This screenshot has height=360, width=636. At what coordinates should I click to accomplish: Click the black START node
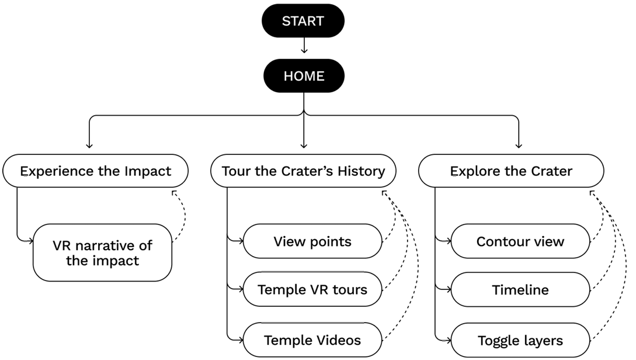[303, 21]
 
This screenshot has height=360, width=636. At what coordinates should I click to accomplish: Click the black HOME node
[303, 76]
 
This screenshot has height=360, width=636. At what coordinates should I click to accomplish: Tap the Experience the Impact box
[96, 171]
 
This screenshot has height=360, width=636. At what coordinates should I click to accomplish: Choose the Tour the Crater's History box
[303, 171]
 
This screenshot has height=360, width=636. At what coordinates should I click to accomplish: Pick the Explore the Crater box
[511, 171]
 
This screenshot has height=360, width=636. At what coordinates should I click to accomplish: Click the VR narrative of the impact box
[102, 252]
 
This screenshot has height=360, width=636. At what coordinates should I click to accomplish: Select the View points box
[312, 241]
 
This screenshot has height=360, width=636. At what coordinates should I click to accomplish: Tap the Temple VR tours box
[312, 289]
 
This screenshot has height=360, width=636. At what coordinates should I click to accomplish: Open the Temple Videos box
[312, 340]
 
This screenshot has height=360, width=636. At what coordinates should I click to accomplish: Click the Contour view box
[520, 241]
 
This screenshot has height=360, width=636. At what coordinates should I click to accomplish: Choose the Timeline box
[520, 289]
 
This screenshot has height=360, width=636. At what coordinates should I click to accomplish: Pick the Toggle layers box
[520, 340]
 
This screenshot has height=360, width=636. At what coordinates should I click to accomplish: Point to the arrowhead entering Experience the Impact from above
[89, 144]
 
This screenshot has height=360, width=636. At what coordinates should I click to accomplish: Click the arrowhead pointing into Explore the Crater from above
[518, 144]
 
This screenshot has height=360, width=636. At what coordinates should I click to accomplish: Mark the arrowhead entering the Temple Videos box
[239, 339]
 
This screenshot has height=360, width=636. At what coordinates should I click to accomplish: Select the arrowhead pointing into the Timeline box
[447, 289]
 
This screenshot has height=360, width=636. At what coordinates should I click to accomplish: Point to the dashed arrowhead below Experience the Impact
[173, 192]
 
